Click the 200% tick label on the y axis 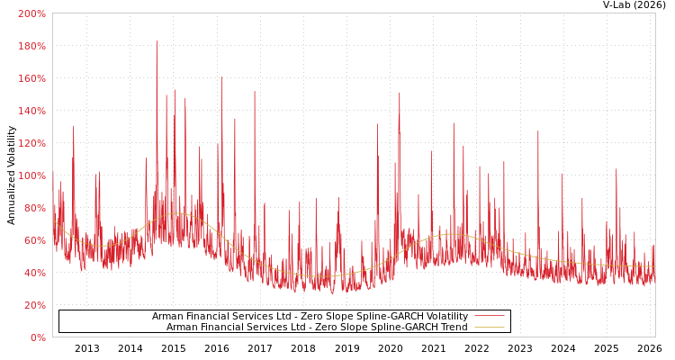(x=31, y=13)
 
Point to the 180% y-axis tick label (x=31, y=46)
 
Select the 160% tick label (x=31, y=78)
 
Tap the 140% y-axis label (x=31, y=111)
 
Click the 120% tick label (x=31, y=143)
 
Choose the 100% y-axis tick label (x=31, y=175)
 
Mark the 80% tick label (x=34, y=208)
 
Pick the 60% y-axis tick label (x=34, y=240)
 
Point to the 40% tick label (x=34, y=273)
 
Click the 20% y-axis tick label (x=34, y=305)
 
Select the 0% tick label (x=38, y=337)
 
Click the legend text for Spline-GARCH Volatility (x=310, y=316)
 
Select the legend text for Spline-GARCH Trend (x=317, y=327)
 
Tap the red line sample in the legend (x=490, y=316)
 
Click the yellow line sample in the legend (x=490, y=327)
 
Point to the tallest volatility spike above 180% (x=157, y=41)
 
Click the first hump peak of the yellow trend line (x=176, y=213)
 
